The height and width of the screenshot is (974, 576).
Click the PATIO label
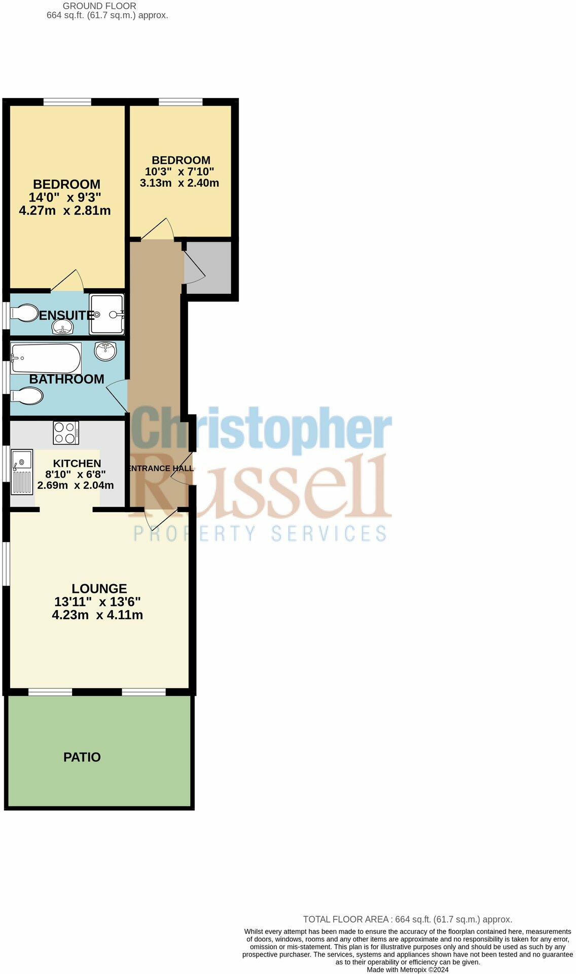[x=82, y=757]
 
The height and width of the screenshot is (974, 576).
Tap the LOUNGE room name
[x=99, y=589]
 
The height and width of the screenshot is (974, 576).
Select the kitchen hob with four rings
[x=66, y=433]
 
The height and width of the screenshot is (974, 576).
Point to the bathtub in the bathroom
[x=46, y=358]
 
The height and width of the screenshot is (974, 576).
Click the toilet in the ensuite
[x=23, y=313]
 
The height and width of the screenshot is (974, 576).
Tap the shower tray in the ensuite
[x=106, y=314]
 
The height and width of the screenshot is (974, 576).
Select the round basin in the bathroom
[x=105, y=351]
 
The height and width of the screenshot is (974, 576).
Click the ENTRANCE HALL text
[x=160, y=468]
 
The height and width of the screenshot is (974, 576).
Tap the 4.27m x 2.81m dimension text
[x=65, y=211]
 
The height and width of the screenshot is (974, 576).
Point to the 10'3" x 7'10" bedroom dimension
[x=179, y=172]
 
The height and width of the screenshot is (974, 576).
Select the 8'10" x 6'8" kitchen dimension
[x=76, y=475]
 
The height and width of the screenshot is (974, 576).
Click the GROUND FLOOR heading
[x=99, y=6]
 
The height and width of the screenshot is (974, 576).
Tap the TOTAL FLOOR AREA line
[x=407, y=919]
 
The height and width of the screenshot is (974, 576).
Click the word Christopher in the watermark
[x=261, y=430]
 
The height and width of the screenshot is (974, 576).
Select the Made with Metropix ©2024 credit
[x=407, y=969]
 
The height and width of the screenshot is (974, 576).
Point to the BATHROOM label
[x=66, y=379]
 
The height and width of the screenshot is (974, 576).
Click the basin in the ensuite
[x=63, y=329]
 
